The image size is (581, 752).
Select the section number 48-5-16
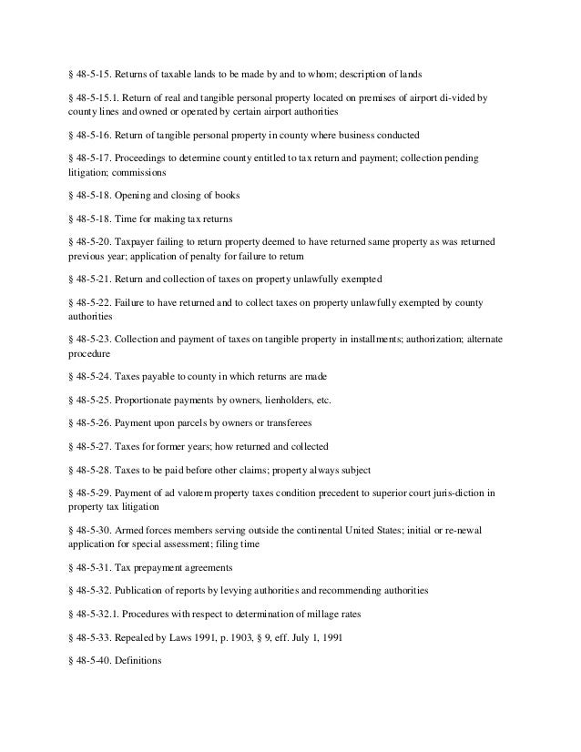pyautogui.click(x=89, y=135)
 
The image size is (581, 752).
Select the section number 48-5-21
pyautogui.click(x=89, y=278)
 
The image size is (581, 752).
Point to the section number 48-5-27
pyautogui.click(x=89, y=446)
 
